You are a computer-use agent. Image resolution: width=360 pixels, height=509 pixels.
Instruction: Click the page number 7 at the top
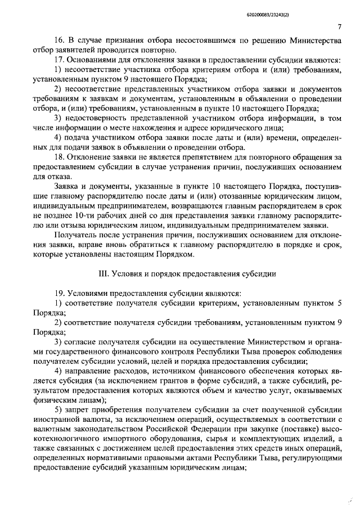pos(340,26)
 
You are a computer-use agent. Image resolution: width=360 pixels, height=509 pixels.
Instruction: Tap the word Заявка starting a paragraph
pos(65,186)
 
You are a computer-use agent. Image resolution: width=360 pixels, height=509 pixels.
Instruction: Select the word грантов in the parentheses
pos(148,380)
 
